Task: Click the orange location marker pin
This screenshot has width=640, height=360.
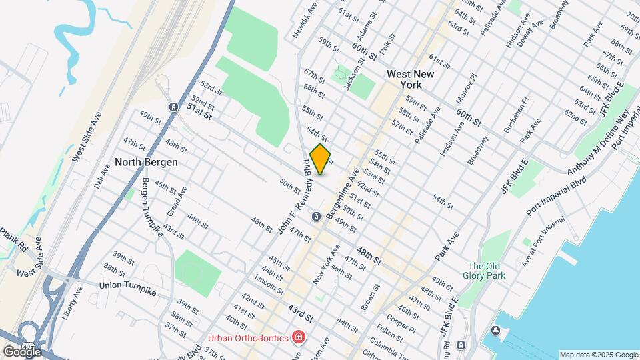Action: (x=320, y=159)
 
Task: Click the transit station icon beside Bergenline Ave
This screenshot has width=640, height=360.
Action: (x=317, y=216)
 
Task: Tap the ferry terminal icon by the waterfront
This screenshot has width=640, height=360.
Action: (x=496, y=331)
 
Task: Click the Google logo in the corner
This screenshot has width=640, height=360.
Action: (x=22, y=351)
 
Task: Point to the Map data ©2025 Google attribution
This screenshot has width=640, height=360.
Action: (x=598, y=355)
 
